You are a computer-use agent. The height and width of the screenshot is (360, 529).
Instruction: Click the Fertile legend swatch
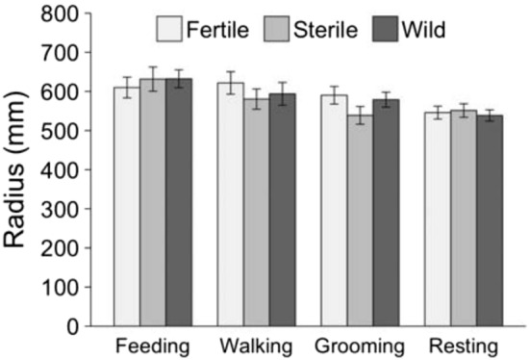click(170, 29)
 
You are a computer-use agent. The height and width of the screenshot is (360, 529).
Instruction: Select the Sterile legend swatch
click(277, 29)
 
